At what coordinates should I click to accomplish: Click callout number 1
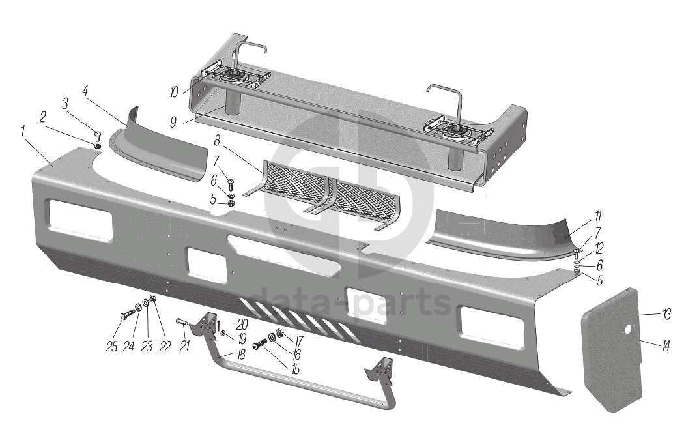[x=22, y=132]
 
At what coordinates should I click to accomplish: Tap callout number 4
[x=85, y=92]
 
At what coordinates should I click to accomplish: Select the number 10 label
[x=174, y=93]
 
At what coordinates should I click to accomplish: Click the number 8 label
[x=217, y=141]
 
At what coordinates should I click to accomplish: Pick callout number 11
[x=597, y=217]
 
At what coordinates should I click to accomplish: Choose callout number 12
[x=599, y=248]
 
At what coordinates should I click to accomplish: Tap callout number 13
[x=666, y=315]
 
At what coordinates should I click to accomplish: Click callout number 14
[x=666, y=345]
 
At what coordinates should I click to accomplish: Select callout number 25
[x=112, y=347]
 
